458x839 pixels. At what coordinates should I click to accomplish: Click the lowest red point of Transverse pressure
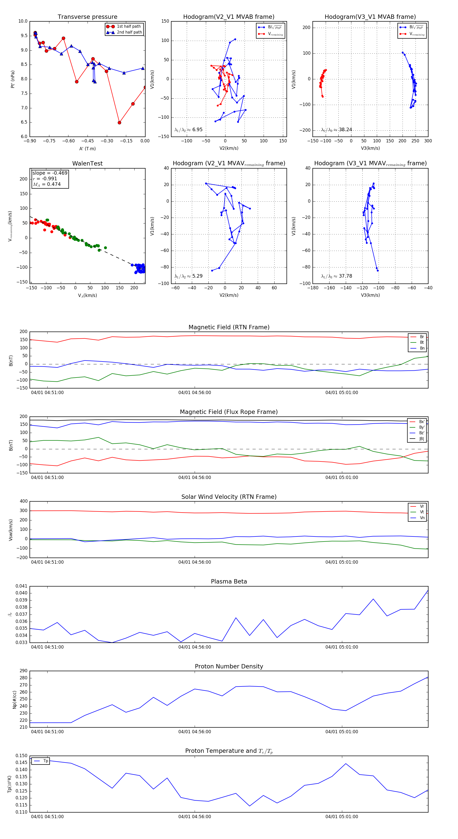119,123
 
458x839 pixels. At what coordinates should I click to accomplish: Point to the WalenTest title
87,163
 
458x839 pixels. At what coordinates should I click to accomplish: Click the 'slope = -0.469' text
50,173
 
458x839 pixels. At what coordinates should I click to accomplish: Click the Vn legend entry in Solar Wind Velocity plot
422,518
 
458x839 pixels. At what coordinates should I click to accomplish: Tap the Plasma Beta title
229,582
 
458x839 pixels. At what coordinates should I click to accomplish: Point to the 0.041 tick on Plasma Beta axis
22,586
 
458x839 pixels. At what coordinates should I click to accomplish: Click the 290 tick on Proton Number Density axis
23,671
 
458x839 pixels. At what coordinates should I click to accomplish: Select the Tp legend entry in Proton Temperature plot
45,761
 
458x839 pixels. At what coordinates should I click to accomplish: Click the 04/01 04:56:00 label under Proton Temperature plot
195,817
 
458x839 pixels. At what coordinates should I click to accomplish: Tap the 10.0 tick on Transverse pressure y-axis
23,21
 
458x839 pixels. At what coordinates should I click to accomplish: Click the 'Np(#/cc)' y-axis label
14,699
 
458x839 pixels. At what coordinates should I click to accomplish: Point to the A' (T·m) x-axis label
87,149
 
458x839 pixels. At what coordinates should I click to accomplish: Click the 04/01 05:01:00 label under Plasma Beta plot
342,647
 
